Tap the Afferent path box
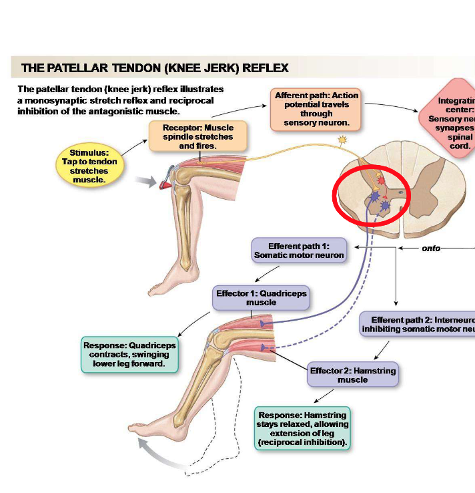click(x=316, y=109)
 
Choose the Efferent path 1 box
click(x=299, y=251)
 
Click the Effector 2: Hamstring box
click(x=352, y=375)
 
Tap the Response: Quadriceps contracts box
click(x=130, y=355)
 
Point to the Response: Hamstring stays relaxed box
click(x=303, y=428)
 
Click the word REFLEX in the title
click(x=266, y=68)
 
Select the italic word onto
click(x=431, y=248)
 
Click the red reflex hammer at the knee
click(x=164, y=179)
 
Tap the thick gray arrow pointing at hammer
click(x=145, y=180)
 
